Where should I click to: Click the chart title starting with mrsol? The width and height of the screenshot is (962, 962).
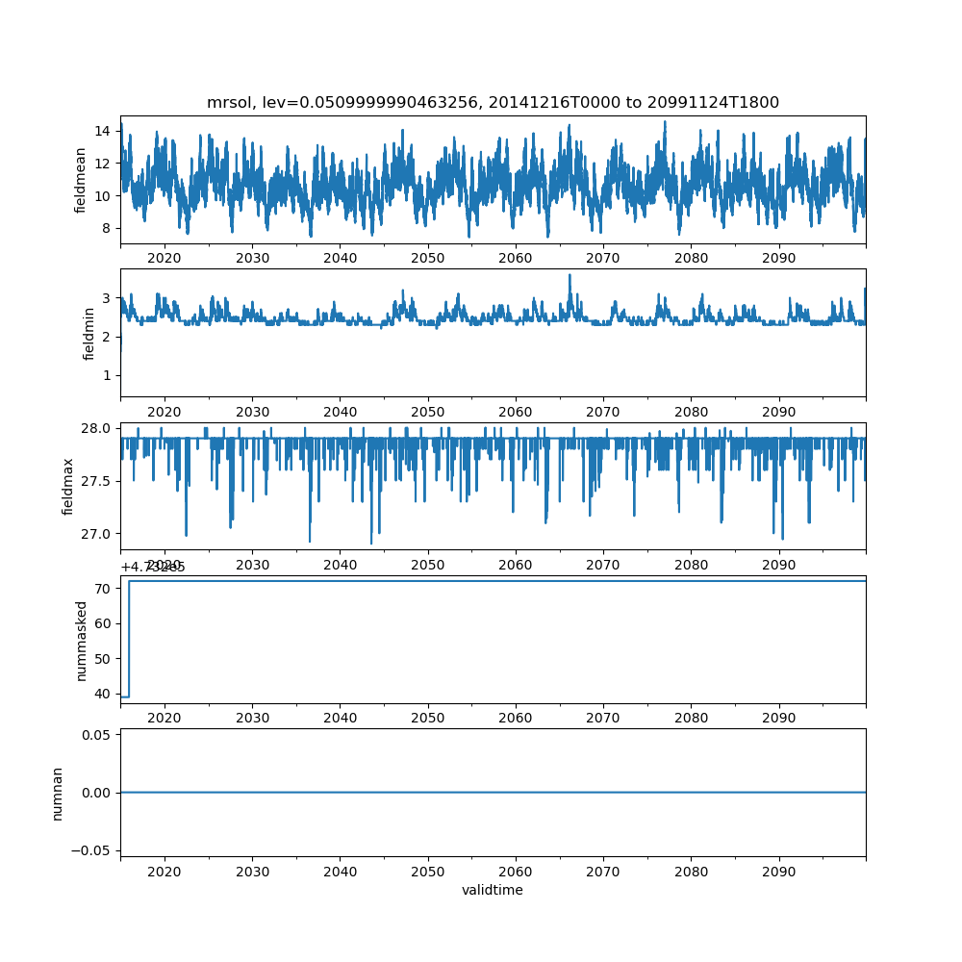pos(493,103)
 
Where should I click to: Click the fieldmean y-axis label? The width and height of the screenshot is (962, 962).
pos(81,180)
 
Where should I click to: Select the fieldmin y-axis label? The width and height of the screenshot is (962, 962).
pos(89,333)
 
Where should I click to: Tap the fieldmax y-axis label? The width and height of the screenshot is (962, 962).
pos(68,486)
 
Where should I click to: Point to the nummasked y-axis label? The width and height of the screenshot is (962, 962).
pos(82,641)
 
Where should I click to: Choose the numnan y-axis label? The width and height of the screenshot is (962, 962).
pos(57,793)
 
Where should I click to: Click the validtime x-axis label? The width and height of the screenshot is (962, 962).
pos(493,891)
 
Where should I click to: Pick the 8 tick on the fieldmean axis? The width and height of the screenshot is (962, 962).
pos(107,228)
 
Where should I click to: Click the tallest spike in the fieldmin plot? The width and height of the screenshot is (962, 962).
pos(570,276)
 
